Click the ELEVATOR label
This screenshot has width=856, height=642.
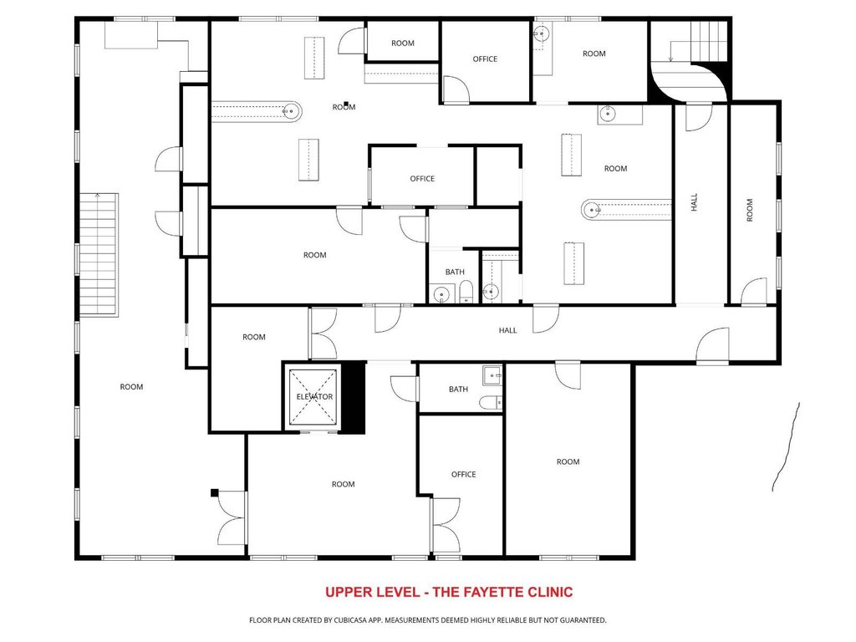pyautogui.click(x=314, y=397)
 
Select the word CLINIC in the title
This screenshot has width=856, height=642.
pyautogui.click(x=550, y=593)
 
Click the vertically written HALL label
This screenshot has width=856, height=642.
pyautogui.click(x=694, y=202)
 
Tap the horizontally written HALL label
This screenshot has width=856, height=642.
pyautogui.click(x=507, y=330)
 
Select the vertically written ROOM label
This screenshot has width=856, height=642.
pyautogui.click(x=750, y=210)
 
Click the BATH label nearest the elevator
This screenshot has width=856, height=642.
pyautogui.click(x=459, y=390)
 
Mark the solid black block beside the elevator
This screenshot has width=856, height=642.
pyautogui.click(x=354, y=397)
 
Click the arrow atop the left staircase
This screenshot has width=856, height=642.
pyautogui.click(x=98, y=196)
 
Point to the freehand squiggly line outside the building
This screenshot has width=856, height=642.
pyautogui.click(x=787, y=446)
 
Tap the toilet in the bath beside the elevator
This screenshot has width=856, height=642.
pyautogui.click(x=491, y=403)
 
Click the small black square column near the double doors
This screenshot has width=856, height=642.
pyautogui.click(x=215, y=493)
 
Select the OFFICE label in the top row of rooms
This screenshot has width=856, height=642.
pyautogui.click(x=485, y=59)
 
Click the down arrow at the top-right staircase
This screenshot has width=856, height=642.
pyautogui.click(x=671, y=58)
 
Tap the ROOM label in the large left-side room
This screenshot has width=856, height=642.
pyautogui.click(x=131, y=387)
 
